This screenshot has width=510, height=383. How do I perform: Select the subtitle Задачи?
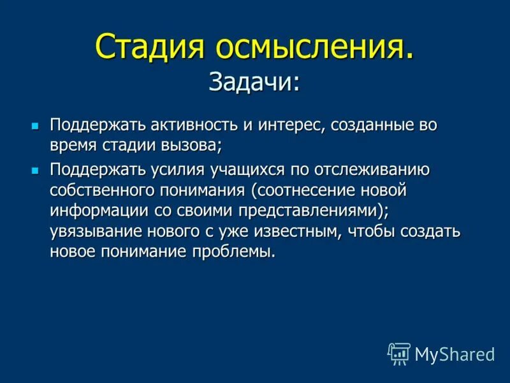click(x=254, y=80)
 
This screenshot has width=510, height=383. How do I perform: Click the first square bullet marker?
click(x=36, y=124)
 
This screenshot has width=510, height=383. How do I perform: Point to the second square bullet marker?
click(x=36, y=170)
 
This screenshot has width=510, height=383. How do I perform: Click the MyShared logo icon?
click(x=398, y=353)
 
